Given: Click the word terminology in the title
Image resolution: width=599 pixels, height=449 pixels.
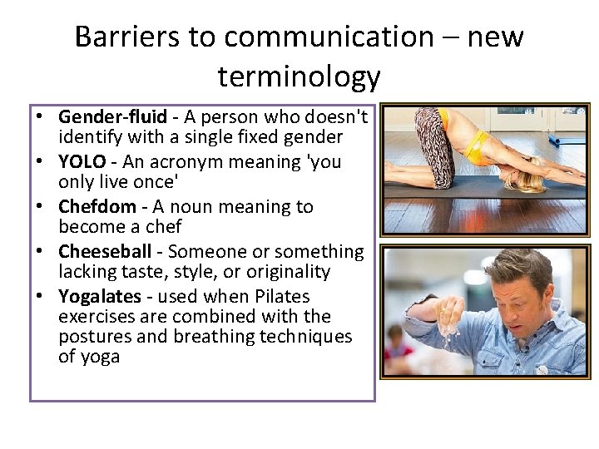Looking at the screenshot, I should pos(299,76).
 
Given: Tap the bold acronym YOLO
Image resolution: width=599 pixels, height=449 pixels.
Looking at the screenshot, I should pos(82,161).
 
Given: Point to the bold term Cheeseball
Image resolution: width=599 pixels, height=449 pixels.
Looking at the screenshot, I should pos(105,251).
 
